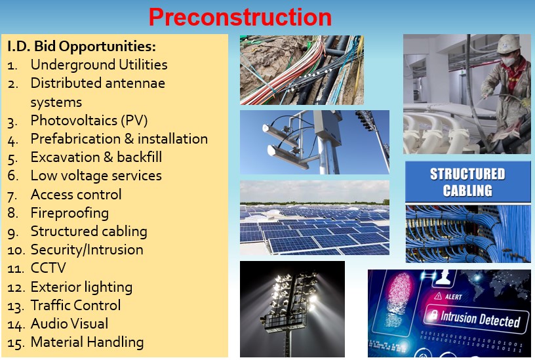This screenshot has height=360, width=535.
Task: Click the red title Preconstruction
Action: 240,16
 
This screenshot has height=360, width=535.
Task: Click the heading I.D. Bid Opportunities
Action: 81,46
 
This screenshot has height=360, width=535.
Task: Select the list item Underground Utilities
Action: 99,64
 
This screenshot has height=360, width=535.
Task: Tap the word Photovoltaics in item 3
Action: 74,120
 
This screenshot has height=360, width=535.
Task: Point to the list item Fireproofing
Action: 69,213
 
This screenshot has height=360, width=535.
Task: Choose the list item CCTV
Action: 48,268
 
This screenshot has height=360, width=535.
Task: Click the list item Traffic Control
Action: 76,305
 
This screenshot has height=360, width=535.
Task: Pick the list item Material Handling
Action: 87,342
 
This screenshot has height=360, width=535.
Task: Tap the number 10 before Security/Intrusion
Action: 16,250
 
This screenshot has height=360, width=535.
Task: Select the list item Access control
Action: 76,194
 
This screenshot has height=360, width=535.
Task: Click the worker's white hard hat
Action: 508,43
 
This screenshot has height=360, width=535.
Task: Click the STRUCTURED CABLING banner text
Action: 467,182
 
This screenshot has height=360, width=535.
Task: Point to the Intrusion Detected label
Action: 480,319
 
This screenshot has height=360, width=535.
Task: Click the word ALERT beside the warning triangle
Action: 454,296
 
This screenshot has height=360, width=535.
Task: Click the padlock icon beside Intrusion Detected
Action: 433,314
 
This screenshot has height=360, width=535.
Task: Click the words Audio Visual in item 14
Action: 69,323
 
